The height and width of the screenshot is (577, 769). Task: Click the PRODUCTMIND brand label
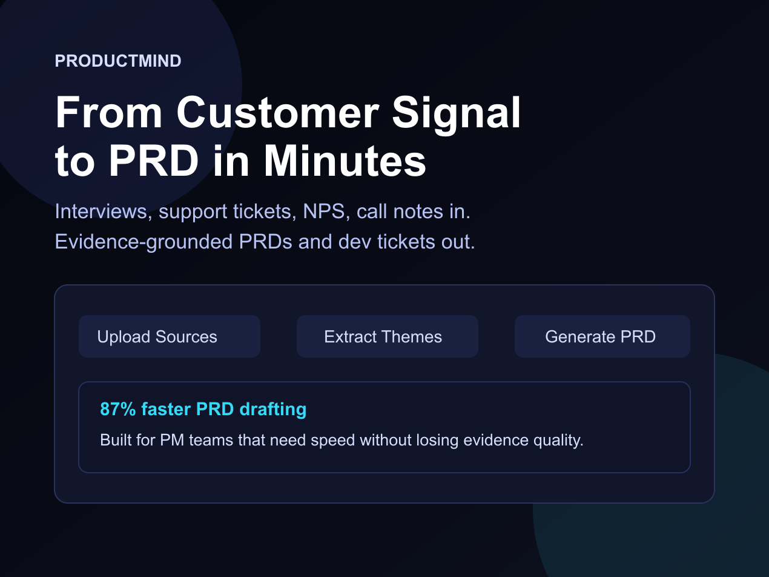(118, 61)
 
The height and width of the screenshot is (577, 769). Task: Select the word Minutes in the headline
(345, 161)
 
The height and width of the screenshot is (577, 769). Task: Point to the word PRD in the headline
(154, 161)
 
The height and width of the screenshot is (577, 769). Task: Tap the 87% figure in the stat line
(118, 409)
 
